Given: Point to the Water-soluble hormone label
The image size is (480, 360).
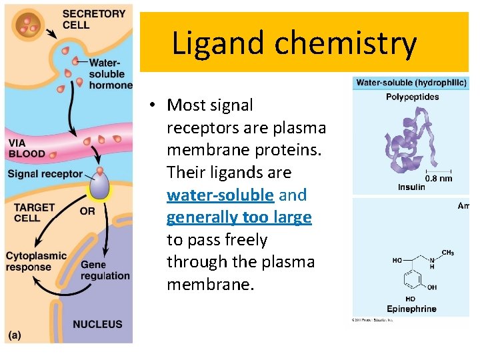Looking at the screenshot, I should click(109, 73).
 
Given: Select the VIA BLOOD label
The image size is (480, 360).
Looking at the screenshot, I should click(27, 148).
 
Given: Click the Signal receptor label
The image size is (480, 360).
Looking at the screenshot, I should click(45, 174).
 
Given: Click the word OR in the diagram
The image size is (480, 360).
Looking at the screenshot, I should click(87, 211).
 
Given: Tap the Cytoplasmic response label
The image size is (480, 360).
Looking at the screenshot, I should click(36, 261).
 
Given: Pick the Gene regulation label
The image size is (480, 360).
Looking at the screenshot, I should click(105, 270).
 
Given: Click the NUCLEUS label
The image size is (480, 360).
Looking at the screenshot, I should click(97, 324).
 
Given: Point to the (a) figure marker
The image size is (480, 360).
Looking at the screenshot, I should click(15, 335).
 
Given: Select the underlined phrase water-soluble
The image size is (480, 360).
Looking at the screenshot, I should click(220, 195).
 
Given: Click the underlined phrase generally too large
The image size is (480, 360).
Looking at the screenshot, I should click(239, 217).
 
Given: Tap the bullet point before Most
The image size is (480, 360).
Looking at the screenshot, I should click(153, 105).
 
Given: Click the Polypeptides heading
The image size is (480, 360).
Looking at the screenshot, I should click(413, 97).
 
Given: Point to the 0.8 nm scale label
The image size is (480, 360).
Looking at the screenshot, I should click(439, 178).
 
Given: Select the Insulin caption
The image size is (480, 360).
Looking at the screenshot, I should click(411, 187).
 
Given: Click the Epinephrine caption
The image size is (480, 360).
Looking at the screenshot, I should click(411, 309).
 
